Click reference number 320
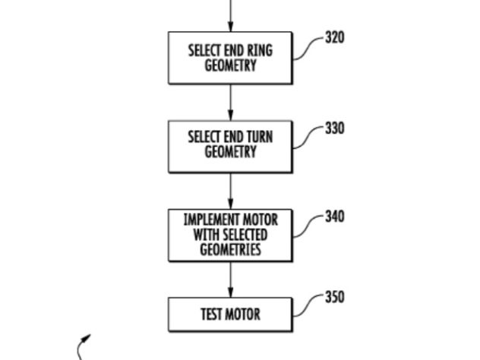(x=335, y=37)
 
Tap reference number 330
(x=335, y=128)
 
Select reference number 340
(x=335, y=216)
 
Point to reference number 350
(x=335, y=297)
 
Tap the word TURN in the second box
(x=260, y=137)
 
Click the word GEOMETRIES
(x=231, y=249)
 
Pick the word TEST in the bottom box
(x=211, y=314)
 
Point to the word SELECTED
(x=245, y=235)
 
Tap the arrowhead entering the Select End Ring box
(x=231, y=27)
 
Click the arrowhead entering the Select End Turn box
(x=231, y=116)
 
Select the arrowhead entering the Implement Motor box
(x=231, y=204)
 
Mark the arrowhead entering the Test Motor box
(x=231, y=292)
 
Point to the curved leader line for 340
(x=308, y=227)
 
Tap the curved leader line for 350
(x=308, y=306)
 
